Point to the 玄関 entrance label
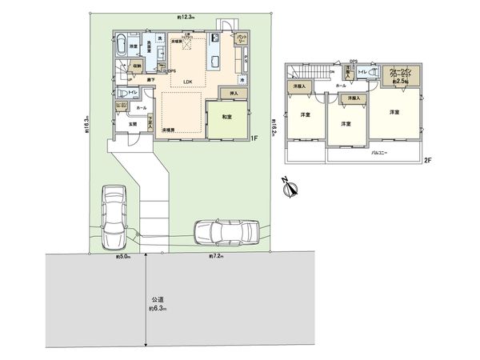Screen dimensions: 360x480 132,124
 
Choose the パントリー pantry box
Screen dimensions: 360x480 241,38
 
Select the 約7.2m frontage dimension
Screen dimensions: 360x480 215,256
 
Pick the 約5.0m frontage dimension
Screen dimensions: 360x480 124,256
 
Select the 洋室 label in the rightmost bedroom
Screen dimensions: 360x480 394,113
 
